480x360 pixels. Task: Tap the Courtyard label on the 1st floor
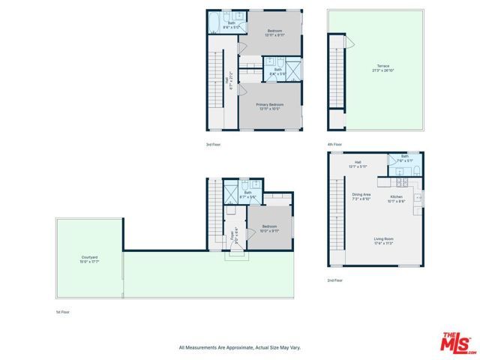[88, 259]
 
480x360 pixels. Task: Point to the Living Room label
[385, 241]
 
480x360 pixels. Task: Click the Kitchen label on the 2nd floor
[396, 199]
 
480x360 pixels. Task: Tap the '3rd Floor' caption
[213, 144]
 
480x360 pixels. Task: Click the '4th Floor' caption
[334, 144]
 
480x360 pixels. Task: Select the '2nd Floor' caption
[334, 280]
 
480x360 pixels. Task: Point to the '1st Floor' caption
[63, 311]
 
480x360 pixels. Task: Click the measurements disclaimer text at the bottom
[239, 347]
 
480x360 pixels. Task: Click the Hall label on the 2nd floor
[358, 163]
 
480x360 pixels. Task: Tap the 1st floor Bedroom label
[269, 228]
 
